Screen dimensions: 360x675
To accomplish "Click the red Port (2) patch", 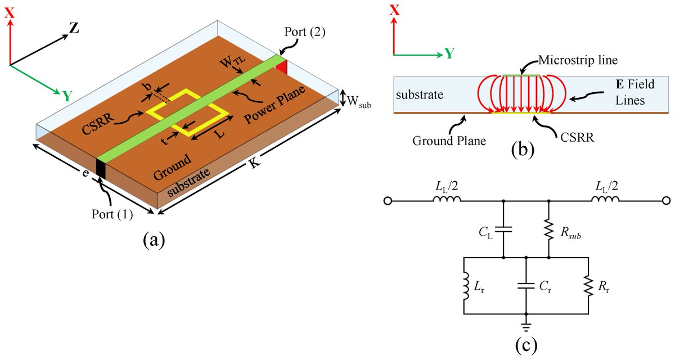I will pos(281,67).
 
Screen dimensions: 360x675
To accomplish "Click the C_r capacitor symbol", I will pos(526,286).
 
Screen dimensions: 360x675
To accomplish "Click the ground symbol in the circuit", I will pos(526,325).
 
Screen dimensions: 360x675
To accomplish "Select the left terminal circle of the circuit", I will pos(388,201).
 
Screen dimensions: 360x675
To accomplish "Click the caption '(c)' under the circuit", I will pos(525,344).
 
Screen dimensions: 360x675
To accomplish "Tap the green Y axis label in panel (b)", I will pos(449,53).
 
